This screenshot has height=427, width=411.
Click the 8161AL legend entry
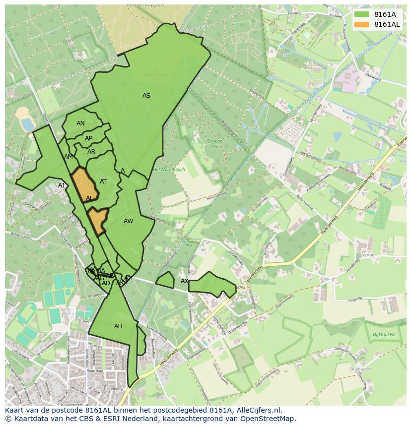click(387, 24)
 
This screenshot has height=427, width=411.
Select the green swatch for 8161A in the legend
click(361, 14)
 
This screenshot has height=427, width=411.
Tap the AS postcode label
click(146, 96)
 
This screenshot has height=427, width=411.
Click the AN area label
click(80, 123)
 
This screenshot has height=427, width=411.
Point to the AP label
click(88, 138)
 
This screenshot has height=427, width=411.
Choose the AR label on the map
click(91, 152)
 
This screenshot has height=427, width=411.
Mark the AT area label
click(103, 182)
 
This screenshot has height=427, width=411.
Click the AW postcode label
click(129, 221)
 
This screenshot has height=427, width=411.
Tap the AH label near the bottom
click(118, 326)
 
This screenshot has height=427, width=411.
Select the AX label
click(185, 281)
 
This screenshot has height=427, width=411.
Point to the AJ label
click(62, 185)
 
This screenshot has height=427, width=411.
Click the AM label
click(68, 157)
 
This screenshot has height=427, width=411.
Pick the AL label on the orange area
click(89, 198)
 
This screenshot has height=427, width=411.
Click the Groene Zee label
click(215, 144)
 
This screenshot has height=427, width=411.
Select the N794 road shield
click(241, 288)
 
